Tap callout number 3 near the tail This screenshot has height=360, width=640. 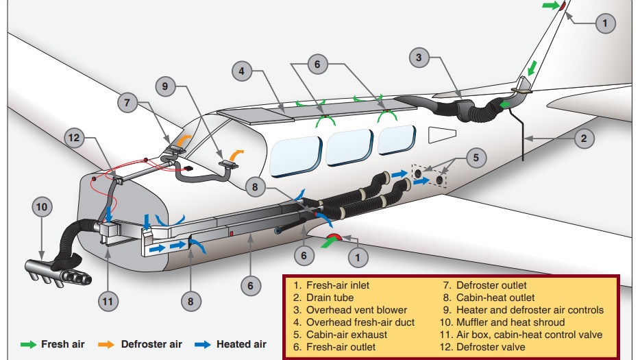pos(419,58)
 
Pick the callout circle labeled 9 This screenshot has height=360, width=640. pos(165,87)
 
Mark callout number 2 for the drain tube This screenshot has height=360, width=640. pos(583,138)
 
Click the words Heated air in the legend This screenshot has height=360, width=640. pos(241,344)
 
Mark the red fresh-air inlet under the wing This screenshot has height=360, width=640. pos(334,239)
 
